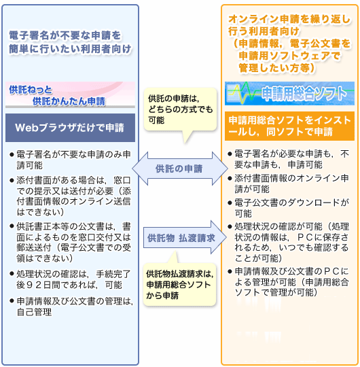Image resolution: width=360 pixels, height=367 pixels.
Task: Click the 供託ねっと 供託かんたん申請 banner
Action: (70, 94)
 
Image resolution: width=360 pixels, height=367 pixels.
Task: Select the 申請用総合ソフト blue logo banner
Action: (289, 93)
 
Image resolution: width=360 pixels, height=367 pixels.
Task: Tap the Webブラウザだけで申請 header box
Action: (70, 128)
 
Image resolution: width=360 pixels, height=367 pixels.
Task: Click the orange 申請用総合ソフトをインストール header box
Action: (289, 126)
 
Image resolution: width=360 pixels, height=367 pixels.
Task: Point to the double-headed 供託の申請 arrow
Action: (179, 169)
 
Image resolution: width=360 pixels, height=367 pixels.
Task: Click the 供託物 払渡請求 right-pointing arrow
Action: (185, 238)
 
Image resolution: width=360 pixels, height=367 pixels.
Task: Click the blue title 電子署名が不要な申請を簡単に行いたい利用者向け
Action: (70, 42)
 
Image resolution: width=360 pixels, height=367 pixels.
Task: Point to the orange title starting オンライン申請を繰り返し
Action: (289, 43)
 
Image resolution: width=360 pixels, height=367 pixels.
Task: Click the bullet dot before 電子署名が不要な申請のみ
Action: (12, 154)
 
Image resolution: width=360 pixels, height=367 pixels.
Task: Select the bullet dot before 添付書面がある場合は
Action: (12, 181)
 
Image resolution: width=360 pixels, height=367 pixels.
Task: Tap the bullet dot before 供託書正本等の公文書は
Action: (12, 226)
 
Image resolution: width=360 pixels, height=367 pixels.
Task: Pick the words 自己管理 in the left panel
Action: (34, 312)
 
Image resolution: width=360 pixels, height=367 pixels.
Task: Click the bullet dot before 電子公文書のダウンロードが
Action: (230, 203)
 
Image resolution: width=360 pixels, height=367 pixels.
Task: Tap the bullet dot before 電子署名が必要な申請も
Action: (230, 154)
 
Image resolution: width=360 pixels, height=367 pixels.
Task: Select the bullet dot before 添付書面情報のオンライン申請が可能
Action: (230, 178)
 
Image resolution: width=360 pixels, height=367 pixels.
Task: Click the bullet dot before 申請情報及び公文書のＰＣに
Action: (230, 271)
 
